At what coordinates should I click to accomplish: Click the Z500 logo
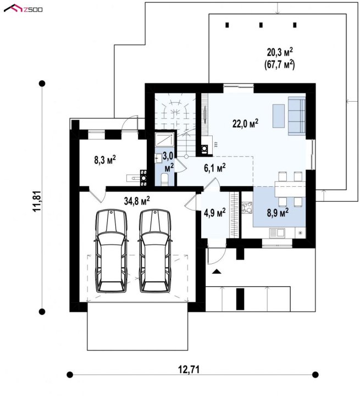(23, 9)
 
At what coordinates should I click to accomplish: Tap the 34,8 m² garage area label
(137, 201)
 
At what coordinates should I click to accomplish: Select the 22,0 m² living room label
(245, 124)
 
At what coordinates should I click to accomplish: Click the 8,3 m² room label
(105, 160)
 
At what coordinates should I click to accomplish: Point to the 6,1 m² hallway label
(215, 168)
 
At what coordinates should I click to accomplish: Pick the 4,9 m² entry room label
(215, 212)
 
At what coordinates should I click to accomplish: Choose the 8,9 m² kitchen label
(278, 212)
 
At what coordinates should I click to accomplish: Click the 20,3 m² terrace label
(280, 52)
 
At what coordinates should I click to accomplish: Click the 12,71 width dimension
(189, 369)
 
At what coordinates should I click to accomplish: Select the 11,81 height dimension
(37, 201)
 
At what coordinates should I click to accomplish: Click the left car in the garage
(111, 251)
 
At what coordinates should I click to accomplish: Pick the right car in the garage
(155, 251)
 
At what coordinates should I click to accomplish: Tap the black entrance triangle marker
(217, 271)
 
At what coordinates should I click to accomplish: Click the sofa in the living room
(297, 116)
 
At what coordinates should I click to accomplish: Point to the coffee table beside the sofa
(279, 116)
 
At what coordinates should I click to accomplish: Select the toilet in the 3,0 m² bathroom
(164, 179)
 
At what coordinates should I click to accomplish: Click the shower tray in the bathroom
(164, 140)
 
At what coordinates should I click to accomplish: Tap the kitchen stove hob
(247, 207)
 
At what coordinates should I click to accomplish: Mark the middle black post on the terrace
(261, 25)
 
